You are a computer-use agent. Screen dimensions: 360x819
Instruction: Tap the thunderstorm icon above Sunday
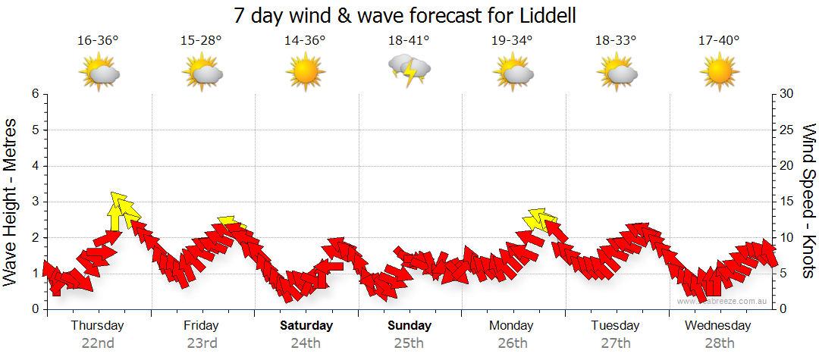pos(409,70)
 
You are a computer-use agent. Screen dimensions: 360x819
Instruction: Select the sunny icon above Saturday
pos(306,72)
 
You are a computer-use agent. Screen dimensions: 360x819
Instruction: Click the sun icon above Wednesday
pos(719,72)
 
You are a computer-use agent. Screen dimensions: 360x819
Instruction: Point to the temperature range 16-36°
pos(98,40)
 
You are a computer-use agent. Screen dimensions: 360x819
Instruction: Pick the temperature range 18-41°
pos(409,40)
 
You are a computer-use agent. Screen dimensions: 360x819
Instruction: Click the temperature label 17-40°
pos(719,40)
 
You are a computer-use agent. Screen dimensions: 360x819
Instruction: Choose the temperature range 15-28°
pos(202,40)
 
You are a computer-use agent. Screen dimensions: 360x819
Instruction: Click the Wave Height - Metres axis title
pos(11,202)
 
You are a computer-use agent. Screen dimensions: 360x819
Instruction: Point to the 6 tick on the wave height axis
pos(35,94)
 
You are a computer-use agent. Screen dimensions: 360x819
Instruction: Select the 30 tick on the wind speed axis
pos(786,94)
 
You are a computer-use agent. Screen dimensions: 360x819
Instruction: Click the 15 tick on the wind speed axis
pos(786,202)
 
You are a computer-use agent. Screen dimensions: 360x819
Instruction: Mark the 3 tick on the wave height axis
pos(35,202)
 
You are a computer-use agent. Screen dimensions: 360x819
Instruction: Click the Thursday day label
pos(97,326)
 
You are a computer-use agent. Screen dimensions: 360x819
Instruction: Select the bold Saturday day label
pos(306,326)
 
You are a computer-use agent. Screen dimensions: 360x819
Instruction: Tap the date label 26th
pos(513,343)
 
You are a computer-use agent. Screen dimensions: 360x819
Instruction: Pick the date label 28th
pos(719,343)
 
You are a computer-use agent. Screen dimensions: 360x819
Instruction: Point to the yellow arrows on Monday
pos(538,219)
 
